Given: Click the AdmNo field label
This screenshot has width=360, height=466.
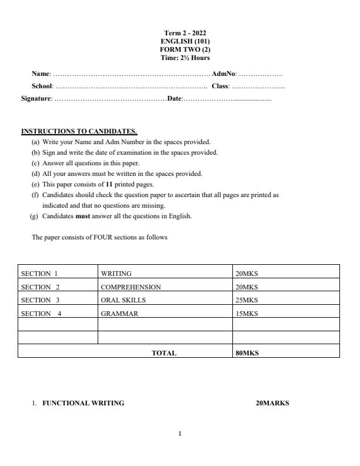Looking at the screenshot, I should [224, 74].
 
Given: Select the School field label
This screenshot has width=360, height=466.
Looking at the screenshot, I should [42, 86].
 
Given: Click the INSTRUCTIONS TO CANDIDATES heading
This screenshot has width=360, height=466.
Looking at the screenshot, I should [79, 131].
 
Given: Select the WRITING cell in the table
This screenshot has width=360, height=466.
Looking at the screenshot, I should [116, 274].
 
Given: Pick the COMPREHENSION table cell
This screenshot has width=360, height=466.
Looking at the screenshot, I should [131, 287].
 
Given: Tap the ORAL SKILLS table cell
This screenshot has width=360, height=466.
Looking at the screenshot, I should [123, 300].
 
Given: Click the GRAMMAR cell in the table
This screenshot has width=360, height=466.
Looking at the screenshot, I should [119, 314].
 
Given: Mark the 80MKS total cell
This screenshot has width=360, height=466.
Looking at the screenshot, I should [247, 354].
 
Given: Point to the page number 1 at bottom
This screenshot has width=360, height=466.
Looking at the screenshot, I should [180, 434].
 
